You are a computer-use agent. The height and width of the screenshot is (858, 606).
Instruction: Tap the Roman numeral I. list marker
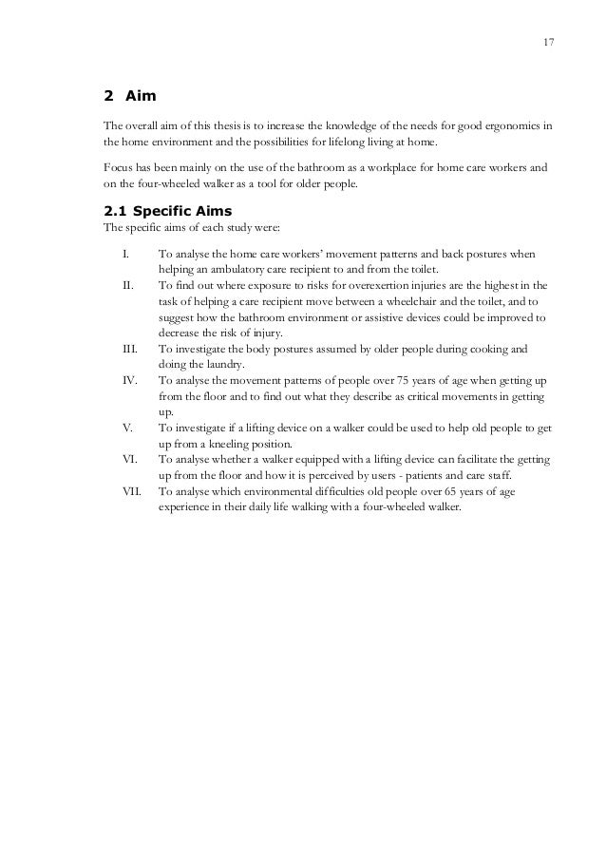click(125, 256)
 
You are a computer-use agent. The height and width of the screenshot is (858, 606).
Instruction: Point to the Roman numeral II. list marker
click(127, 284)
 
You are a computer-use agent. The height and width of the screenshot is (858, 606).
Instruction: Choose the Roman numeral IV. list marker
click(129, 380)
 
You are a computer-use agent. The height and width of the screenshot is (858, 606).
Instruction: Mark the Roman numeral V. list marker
click(127, 429)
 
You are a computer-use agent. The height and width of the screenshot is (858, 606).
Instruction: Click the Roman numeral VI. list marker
click(129, 459)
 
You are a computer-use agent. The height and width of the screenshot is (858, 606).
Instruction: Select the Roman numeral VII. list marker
click(131, 492)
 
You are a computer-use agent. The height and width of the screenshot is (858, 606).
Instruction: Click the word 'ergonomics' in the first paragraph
click(519, 125)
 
